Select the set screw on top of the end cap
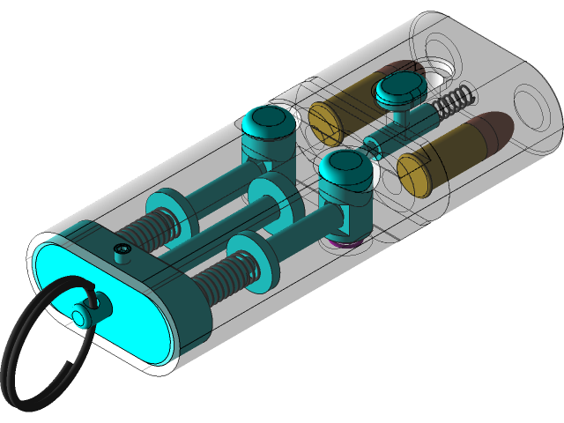tap(122, 254)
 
